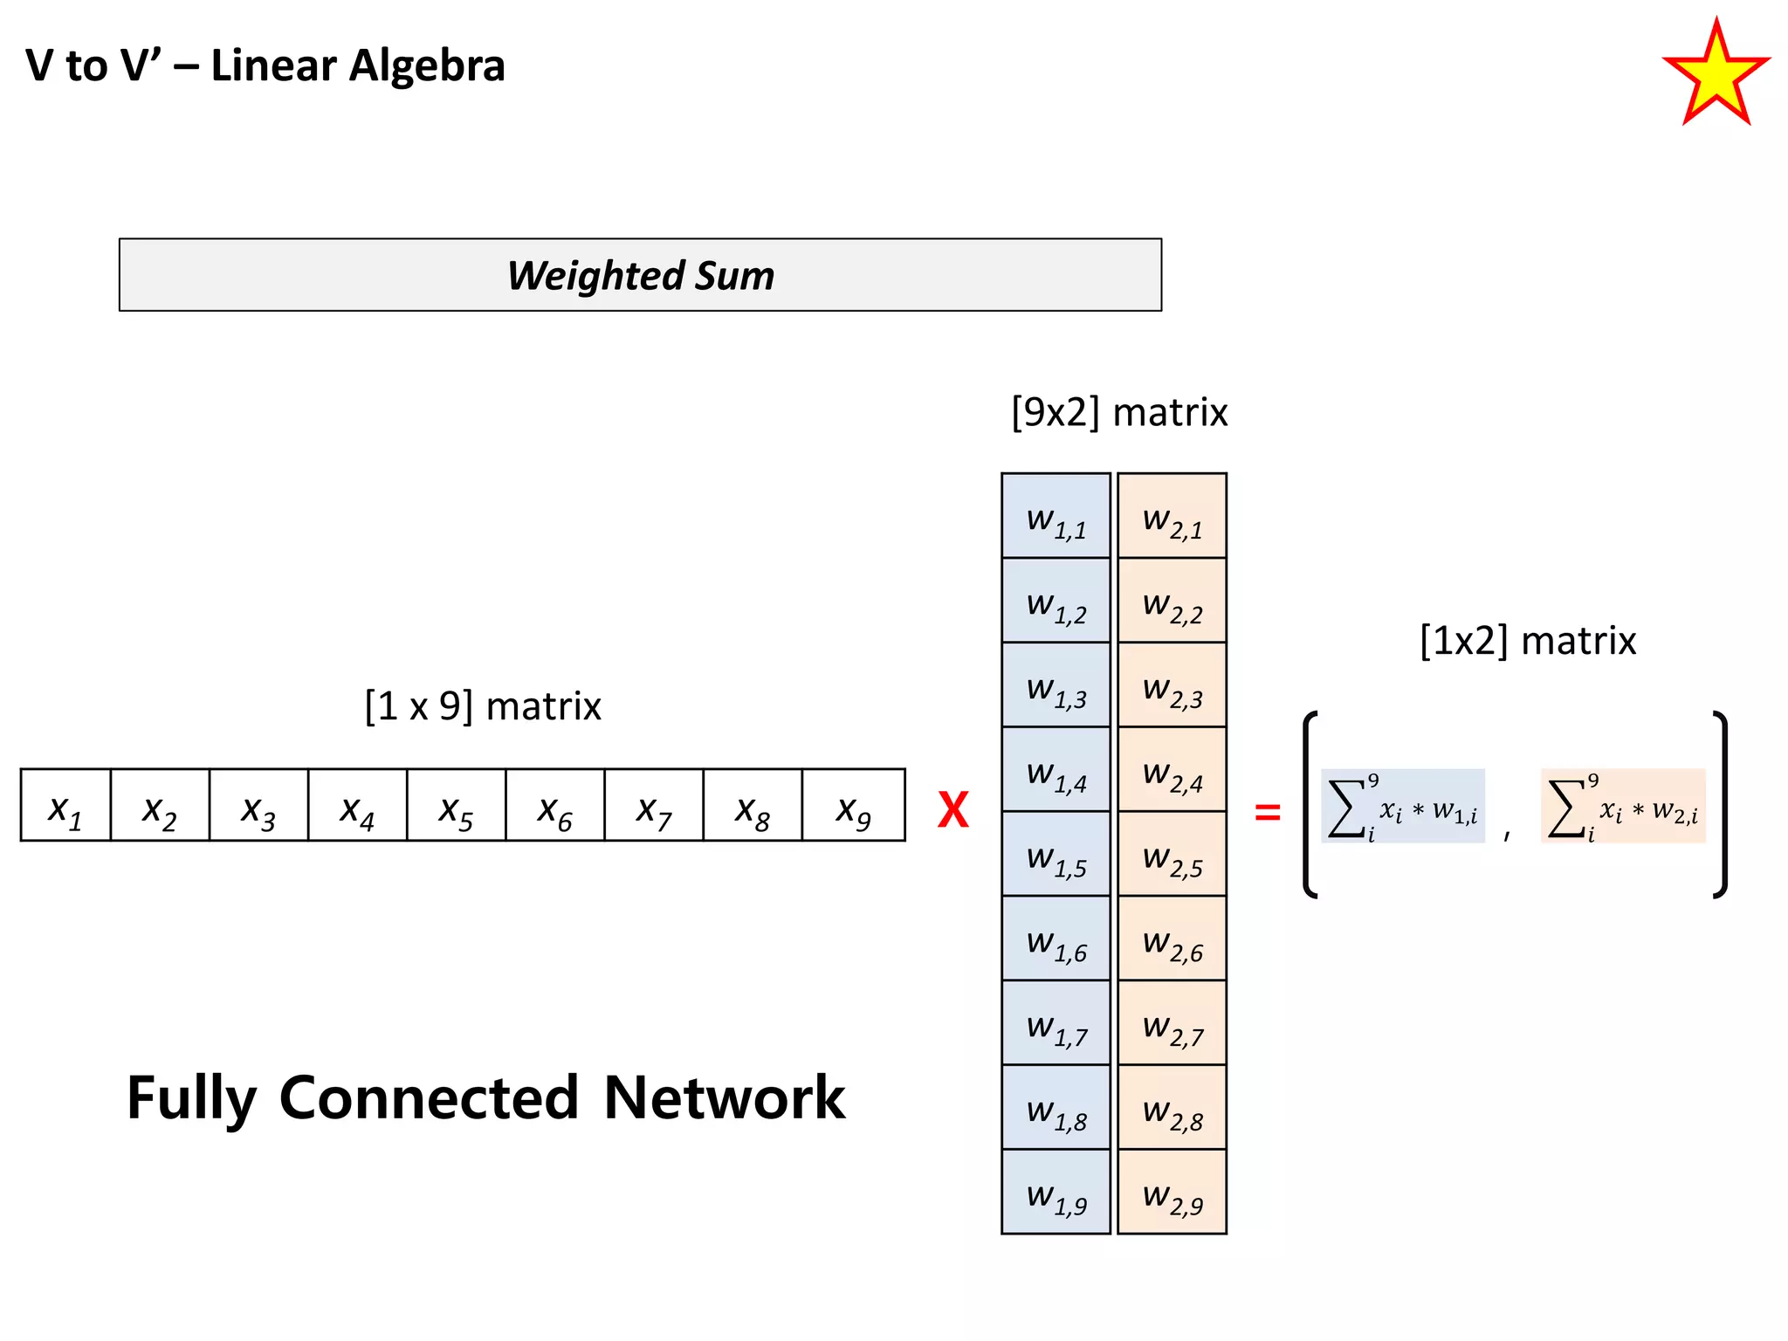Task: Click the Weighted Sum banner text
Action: (x=640, y=275)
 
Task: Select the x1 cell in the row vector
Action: (x=65, y=806)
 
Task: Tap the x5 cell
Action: (x=456, y=806)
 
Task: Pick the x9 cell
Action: (x=853, y=806)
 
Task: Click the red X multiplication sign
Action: (x=952, y=810)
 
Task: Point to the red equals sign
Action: (x=1267, y=813)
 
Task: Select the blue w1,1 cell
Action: (x=1056, y=517)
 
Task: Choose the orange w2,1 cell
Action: (x=1172, y=517)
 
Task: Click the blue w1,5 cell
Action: (x=1056, y=855)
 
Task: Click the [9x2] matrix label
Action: (x=1119, y=412)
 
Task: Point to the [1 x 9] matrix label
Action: (x=483, y=705)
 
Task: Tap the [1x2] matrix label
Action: (x=1528, y=641)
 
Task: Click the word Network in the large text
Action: (x=724, y=1097)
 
